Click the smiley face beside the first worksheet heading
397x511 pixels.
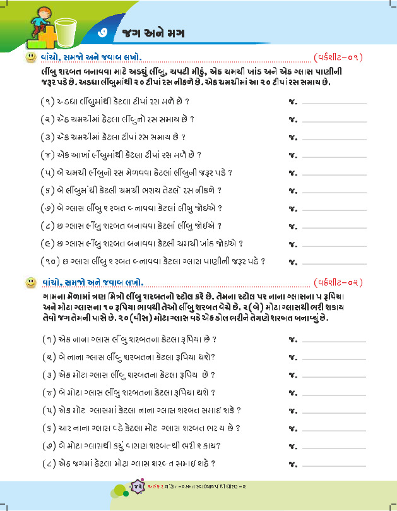click(29, 58)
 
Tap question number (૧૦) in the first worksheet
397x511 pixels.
click(47, 260)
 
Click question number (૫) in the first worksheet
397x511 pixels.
click(45, 172)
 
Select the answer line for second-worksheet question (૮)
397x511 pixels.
click(335, 466)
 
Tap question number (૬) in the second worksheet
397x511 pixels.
click(45, 428)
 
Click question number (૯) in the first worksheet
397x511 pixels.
click(45, 243)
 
